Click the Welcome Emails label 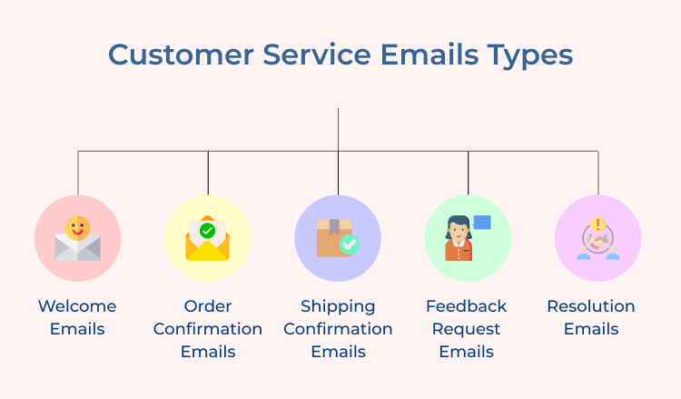click(x=77, y=317)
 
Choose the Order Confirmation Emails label click(x=208, y=328)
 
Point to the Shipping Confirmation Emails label click(x=338, y=328)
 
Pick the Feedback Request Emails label click(x=467, y=328)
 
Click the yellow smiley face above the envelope click(x=78, y=226)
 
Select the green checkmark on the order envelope click(x=208, y=231)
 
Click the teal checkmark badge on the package click(x=349, y=244)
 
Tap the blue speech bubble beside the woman click(x=482, y=222)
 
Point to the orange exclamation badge click(x=598, y=224)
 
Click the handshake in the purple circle click(x=598, y=243)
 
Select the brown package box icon click(x=332, y=238)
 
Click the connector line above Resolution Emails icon click(x=598, y=173)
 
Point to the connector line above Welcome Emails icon click(x=78, y=173)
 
